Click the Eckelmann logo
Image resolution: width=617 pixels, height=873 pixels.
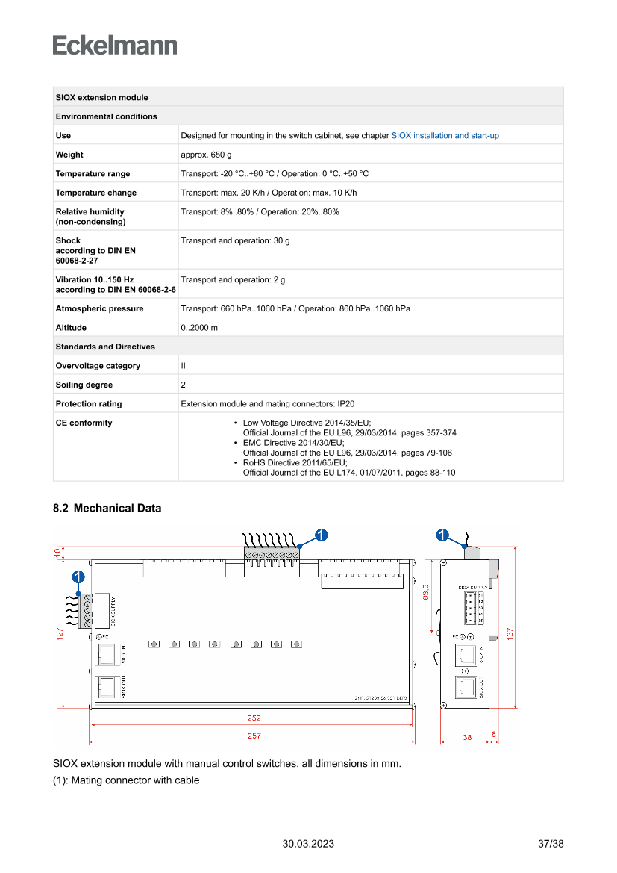(x=115, y=46)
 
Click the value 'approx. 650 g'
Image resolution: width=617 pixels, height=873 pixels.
(x=206, y=155)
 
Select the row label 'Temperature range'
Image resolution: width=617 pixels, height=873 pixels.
(x=93, y=174)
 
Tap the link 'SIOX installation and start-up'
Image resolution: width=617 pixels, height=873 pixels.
(x=445, y=136)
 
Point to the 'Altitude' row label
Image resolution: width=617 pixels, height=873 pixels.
(x=71, y=328)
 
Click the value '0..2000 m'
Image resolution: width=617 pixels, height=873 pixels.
(x=199, y=328)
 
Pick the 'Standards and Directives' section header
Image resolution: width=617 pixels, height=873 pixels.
(x=105, y=347)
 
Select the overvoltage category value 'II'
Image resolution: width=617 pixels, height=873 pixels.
(x=184, y=366)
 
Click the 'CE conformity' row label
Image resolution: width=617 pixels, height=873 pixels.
(x=84, y=423)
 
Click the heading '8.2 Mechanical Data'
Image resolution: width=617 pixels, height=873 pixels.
(x=107, y=509)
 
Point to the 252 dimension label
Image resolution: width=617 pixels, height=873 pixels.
(x=254, y=718)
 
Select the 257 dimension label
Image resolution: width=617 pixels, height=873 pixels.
(x=254, y=736)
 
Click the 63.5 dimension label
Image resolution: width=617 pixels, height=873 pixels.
(x=426, y=591)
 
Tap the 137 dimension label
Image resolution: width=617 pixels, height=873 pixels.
(x=510, y=632)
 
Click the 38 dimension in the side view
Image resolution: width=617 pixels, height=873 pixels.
(x=467, y=737)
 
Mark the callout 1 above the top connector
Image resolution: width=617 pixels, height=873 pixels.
(x=320, y=535)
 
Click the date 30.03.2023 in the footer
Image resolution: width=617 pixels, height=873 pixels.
(x=308, y=844)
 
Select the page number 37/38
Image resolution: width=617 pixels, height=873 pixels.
(x=551, y=844)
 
